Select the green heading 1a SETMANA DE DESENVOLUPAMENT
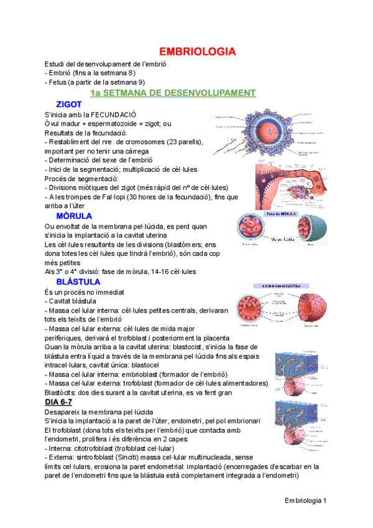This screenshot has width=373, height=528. (x=172, y=93)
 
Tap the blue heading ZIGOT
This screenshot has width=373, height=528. (x=69, y=104)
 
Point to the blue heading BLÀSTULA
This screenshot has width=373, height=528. (x=78, y=281)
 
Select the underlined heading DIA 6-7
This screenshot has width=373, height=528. (x=62, y=402)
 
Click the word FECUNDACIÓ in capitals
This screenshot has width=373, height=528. (x=110, y=115)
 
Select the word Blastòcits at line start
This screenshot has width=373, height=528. (x=62, y=393)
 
